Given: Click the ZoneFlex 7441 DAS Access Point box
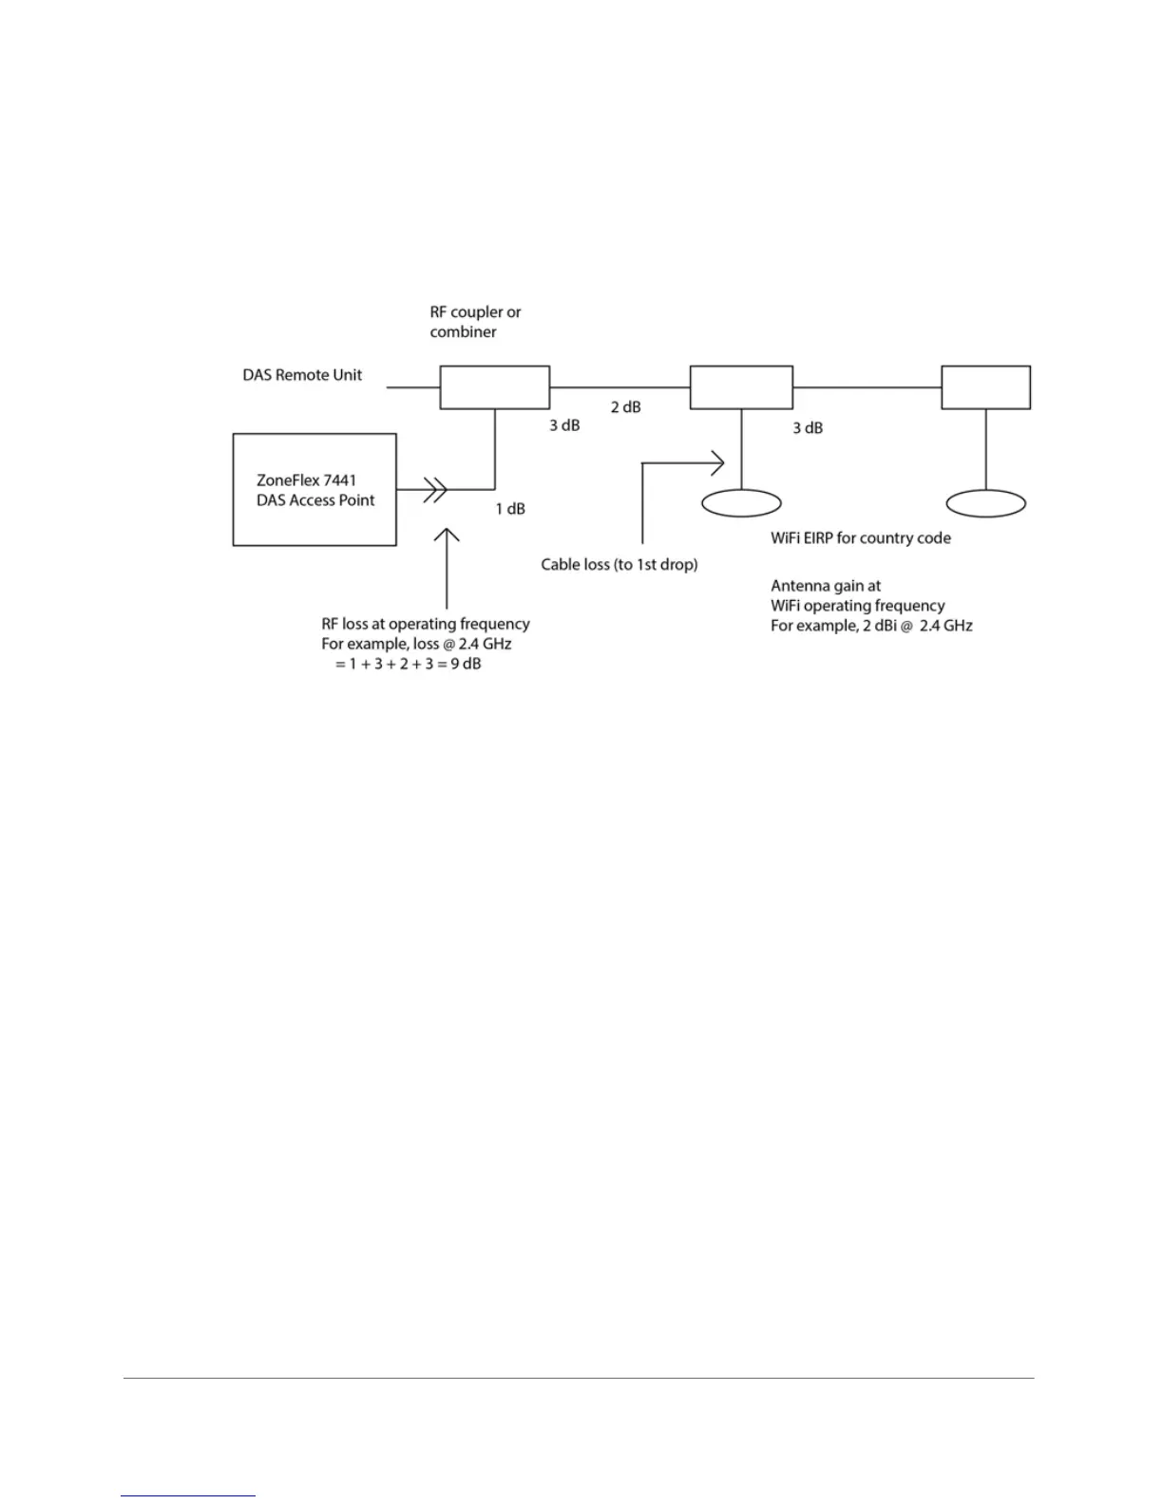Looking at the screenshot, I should pyautogui.click(x=315, y=490).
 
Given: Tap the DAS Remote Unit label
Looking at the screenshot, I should pyautogui.click(x=302, y=375).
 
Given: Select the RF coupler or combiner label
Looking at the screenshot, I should pyautogui.click(x=475, y=322).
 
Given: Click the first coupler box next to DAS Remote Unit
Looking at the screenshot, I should pyautogui.click(x=494, y=387).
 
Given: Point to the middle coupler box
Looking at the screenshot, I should pyautogui.click(x=741, y=387).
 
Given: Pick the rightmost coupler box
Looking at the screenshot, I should pyautogui.click(x=985, y=387).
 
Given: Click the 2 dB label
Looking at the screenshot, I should pyautogui.click(x=625, y=407).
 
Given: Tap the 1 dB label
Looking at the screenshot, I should pyautogui.click(x=510, y=509).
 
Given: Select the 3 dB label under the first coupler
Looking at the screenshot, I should pyautogui.click(x=564, y=425).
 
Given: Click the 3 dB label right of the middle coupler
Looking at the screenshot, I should pyautogui.click(x=808, y=428).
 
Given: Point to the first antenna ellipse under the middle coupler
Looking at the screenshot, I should pyautogui.click(x=741, y=503).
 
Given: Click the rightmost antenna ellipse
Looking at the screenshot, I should pyautogui.click(x=986, y=503).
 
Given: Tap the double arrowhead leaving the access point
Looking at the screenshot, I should pyautogui.click(x=436, y=490).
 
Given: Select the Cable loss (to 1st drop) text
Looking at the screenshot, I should pyautogui.click(x=620, y=565).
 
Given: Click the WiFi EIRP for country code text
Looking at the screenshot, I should pyautogui.click(x=860, y=538).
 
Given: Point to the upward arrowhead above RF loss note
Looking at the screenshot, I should pyautogui.click(x=447, y=536).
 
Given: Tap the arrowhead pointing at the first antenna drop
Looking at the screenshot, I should pyautogui.click(x=717, y=463).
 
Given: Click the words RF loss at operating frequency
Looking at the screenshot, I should pyautogui.click(x=425, y=624).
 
